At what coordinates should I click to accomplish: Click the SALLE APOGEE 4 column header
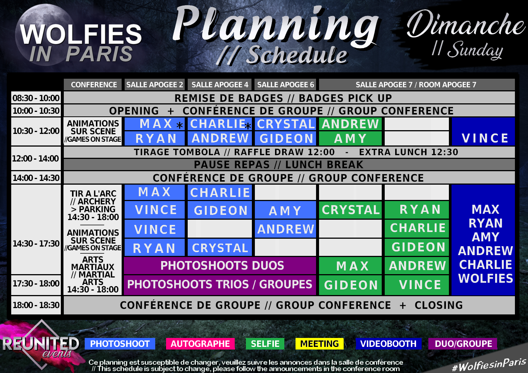(220, 85)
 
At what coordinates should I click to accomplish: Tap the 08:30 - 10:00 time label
(36, 98)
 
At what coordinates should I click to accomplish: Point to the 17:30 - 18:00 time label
(36, 283)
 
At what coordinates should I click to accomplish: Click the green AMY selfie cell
(350, 138)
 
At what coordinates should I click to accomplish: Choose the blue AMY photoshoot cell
(285, 210)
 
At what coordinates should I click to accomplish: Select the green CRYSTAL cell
(350, 210)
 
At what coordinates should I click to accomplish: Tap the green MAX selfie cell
(350, 266)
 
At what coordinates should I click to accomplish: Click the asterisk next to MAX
(179, 125)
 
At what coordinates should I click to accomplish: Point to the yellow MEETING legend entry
(319, 344)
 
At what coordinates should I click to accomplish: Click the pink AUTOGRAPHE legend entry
(200, 344)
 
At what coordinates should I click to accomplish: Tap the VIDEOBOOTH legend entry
(388, 344)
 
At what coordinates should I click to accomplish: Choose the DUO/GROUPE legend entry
(463, 344)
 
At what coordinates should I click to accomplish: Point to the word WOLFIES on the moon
(81, 34)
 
